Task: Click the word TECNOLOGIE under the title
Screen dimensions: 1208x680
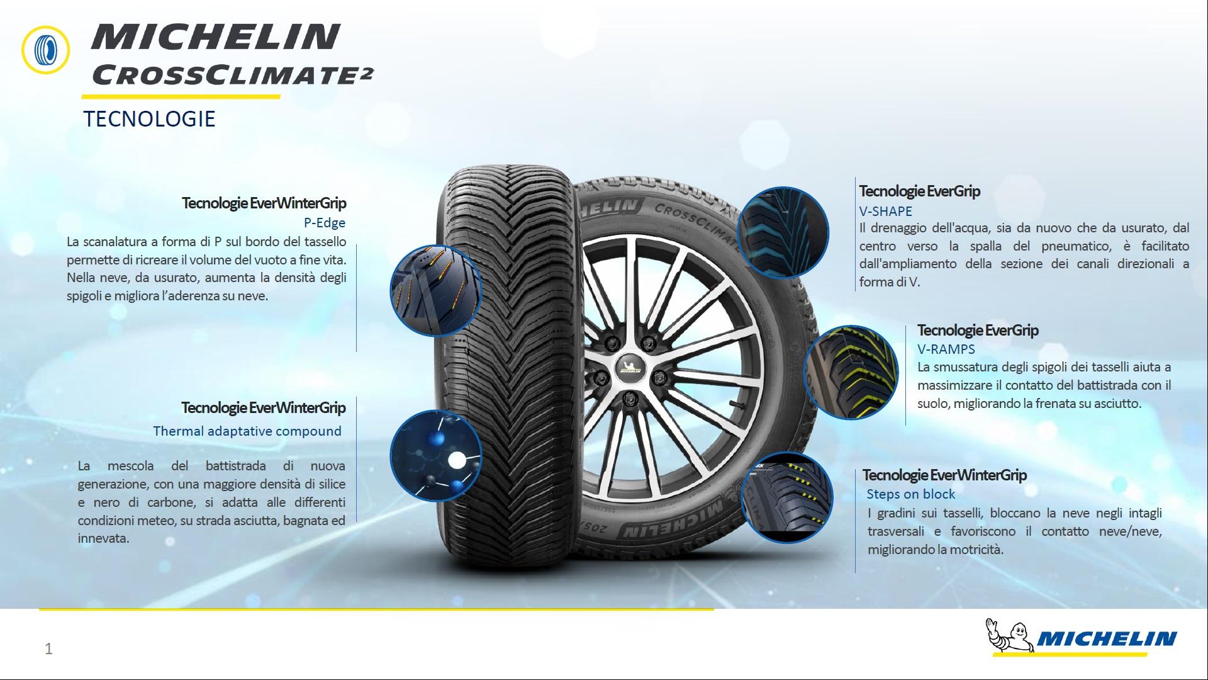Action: tap(149, 118)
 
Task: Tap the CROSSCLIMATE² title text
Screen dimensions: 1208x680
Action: tap(232, 75)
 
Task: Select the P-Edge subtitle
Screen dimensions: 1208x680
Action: tap(325, 222)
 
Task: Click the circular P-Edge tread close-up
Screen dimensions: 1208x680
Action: tap(435, 290)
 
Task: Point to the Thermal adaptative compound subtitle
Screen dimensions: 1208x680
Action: tap(247, 431)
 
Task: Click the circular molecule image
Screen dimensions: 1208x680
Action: tap(435, 456)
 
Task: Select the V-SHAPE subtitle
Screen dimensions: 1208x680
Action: tap(886, 211)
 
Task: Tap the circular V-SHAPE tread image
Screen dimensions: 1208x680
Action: tap(782, 232)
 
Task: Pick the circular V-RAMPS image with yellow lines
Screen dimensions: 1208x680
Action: tap(851, 372)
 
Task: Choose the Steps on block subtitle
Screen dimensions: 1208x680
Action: tap(911, 494)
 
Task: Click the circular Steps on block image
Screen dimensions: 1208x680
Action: tap(787, 497)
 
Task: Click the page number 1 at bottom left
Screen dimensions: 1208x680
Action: tap(49, 649)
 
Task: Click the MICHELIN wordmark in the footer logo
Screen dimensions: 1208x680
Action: tap(1106, 640)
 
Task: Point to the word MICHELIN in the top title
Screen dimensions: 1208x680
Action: tap(216, 37)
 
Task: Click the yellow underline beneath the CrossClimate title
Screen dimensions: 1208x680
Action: tap(181, 97)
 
